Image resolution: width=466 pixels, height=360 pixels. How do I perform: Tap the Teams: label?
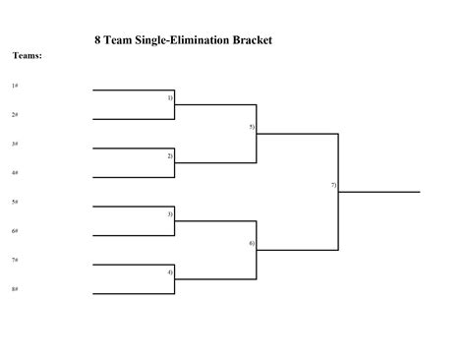[x=27, y=56]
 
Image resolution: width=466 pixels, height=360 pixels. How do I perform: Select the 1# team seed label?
[x=15, y=87]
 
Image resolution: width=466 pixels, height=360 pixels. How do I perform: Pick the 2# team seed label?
[x=15, y=115]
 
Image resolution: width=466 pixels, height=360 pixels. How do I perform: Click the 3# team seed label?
[x=15, y=144]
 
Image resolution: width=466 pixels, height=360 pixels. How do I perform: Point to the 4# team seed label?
[x=15, y=173]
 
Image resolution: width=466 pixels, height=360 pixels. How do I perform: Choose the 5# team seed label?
[x=15, y=202]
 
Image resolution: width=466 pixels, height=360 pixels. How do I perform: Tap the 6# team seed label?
[x=15, y=231]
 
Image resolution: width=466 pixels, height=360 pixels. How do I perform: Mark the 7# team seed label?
[x=15, y=260]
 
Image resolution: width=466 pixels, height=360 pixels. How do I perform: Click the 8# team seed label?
[x=15, y=289]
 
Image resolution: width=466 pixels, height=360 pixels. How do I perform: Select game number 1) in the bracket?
[x=170, y=98]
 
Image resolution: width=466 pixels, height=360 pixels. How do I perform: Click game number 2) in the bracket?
[x=170, y=156]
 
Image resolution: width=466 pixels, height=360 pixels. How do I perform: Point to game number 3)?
[x=170, y=213]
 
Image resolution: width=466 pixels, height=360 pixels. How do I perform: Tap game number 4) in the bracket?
[x=170, y=271]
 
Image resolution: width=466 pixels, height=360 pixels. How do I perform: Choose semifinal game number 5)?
[x=252, y=127]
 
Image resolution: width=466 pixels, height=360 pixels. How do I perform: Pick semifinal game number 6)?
[x=252, y=243]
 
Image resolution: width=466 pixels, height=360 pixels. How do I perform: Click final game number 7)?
[x=334, y=185]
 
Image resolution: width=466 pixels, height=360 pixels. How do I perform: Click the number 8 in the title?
[x=97, y=40]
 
